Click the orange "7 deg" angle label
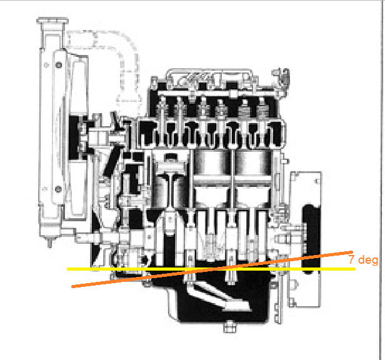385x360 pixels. (x=363, y=260)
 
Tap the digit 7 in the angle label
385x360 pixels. (x=352, y=259)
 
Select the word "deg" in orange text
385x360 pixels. (x=368, y=260)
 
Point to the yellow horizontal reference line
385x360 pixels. (x=211, y=269)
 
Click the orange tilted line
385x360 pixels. (x=212, y=269)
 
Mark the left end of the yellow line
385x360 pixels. (x=67, y=269)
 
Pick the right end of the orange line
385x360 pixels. (x=352, y=252)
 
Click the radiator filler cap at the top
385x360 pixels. (x=52, y=21)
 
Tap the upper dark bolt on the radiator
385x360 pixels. (x=59, y=65)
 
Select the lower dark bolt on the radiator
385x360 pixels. (x=58, y=189)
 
